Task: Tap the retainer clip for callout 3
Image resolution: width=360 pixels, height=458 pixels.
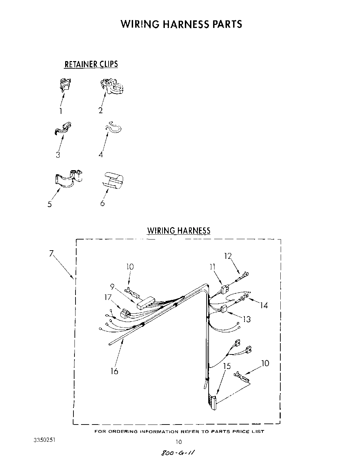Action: (63, 128)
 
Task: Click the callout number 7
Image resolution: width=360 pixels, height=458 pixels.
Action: (51, 254)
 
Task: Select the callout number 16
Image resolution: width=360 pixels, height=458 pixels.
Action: (114, 371)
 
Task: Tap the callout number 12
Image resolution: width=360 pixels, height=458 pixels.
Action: (228, 256)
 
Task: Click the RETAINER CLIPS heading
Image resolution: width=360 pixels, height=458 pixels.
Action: (91, 64)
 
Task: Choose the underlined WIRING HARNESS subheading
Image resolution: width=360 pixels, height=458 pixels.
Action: (179, 231)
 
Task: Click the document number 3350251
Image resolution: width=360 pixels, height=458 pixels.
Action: (44, 440)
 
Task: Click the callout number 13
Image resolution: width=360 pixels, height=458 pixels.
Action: (247, 319)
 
